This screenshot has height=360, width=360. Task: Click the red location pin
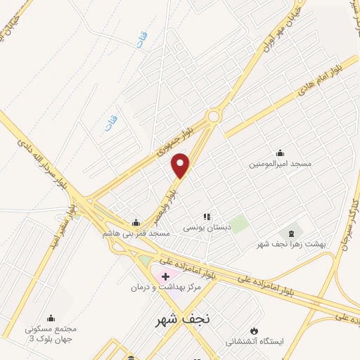tap(181, 165)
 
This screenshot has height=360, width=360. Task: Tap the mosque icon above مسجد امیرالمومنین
tap(281, 153)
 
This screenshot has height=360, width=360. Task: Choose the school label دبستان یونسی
tap(207, 228)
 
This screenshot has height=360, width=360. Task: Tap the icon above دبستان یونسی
tap(207, 217)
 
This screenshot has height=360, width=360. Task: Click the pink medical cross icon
tap(165, 276)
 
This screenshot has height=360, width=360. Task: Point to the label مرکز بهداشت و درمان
tap(165, 288)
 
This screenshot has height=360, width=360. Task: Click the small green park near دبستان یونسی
tap(238, 225)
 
